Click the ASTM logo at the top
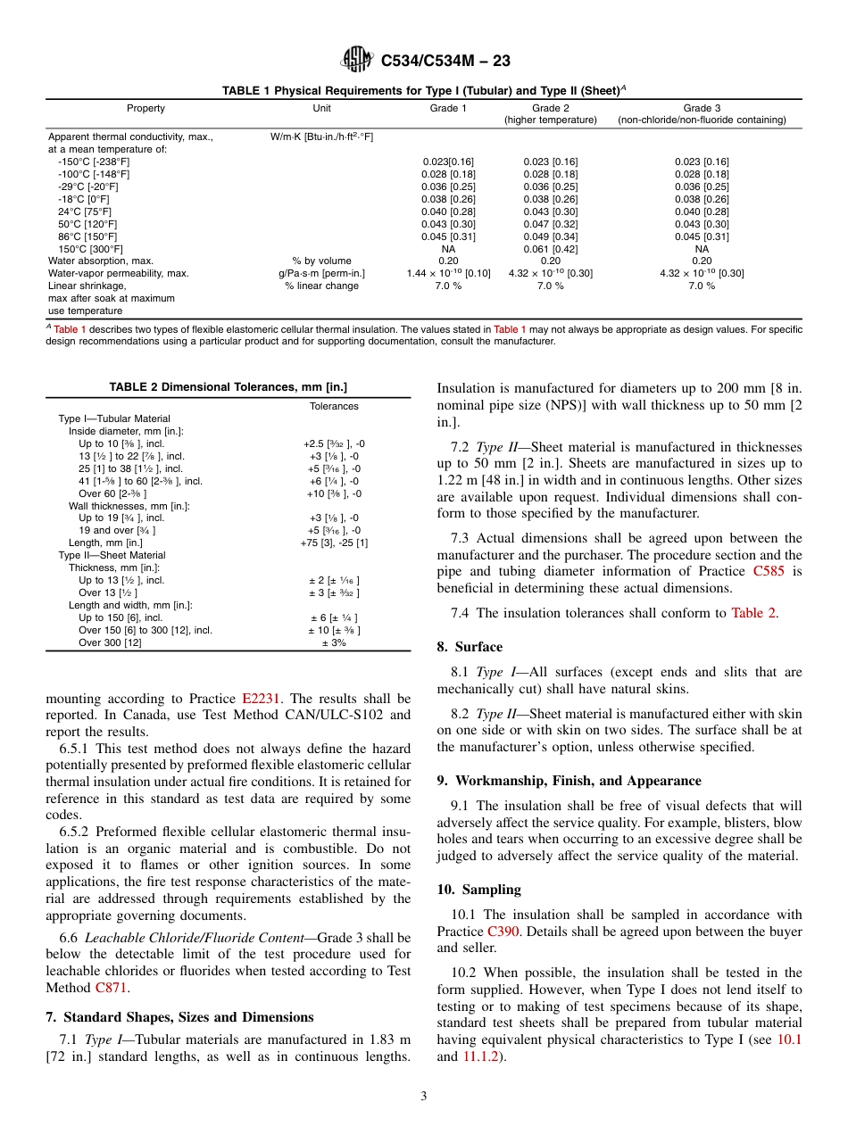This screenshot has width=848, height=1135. click(x=357, y=61)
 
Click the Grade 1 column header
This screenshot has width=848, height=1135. click(x=448, y=108)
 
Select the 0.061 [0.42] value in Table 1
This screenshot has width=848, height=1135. click(x=550, y=249)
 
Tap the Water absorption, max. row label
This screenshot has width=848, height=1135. click(x=101, y=261)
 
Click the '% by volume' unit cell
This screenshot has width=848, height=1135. click(x=321, y=261)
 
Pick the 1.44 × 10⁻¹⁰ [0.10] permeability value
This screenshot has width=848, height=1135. click(x=448, y=273)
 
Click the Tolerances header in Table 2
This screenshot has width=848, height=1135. click(x=334, y=406)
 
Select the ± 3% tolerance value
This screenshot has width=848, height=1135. click(x=333, y=642)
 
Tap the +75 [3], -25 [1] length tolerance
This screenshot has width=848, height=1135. click(x=334, y=543)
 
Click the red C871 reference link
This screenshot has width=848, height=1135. click(x=112, y=988)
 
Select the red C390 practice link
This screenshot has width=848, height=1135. click(x=504, y=931)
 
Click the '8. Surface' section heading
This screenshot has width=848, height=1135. click(x=470, y=647)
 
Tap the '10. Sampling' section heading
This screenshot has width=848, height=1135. click(x=478, y=890)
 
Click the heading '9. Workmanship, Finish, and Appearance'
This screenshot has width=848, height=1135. click(x=569, y=780)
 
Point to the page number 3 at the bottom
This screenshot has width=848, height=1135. click(x=424, y=1096)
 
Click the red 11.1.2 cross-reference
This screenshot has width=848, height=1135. click(x=483, y=1056)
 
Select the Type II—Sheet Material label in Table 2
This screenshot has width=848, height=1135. click(x=112, y=555)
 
